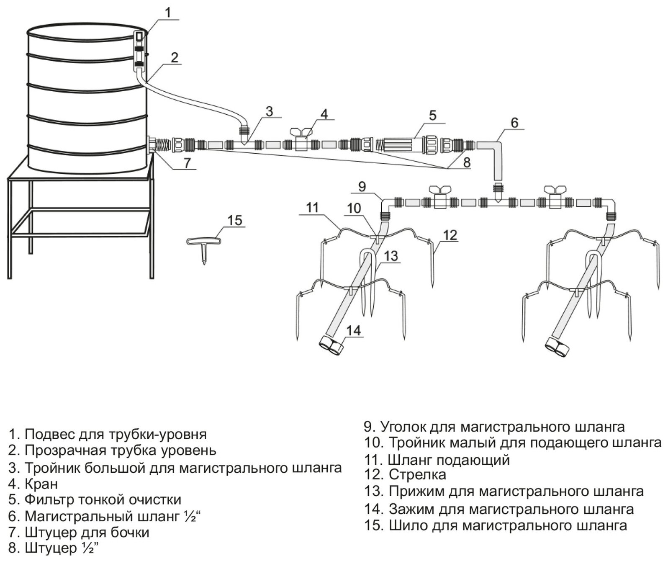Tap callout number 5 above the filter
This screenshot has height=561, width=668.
[x=432, y=115]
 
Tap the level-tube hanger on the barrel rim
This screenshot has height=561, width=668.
[x=139, y=50]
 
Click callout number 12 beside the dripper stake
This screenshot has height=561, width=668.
[x=450, y=235]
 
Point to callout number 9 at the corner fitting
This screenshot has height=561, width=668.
[x=362, y=186]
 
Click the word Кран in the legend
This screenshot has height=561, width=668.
[x=41, y=484]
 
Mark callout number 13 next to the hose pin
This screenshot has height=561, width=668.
[x=391, y=256]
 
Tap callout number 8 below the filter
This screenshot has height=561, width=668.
[x=467, y=162]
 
